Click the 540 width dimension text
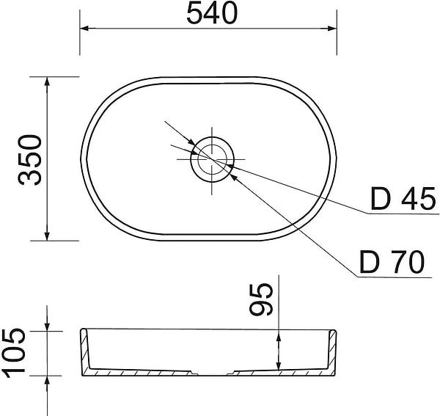(212, 13)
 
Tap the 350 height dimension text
(30, 160)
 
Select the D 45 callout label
(403, 199)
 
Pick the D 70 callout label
(392, 262)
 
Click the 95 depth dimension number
(261, 299)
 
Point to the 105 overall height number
(13, 353)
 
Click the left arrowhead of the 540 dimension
(84, 28)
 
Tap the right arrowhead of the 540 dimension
(332, 28)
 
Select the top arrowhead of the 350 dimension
(47, 81)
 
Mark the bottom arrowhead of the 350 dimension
(47, 236)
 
